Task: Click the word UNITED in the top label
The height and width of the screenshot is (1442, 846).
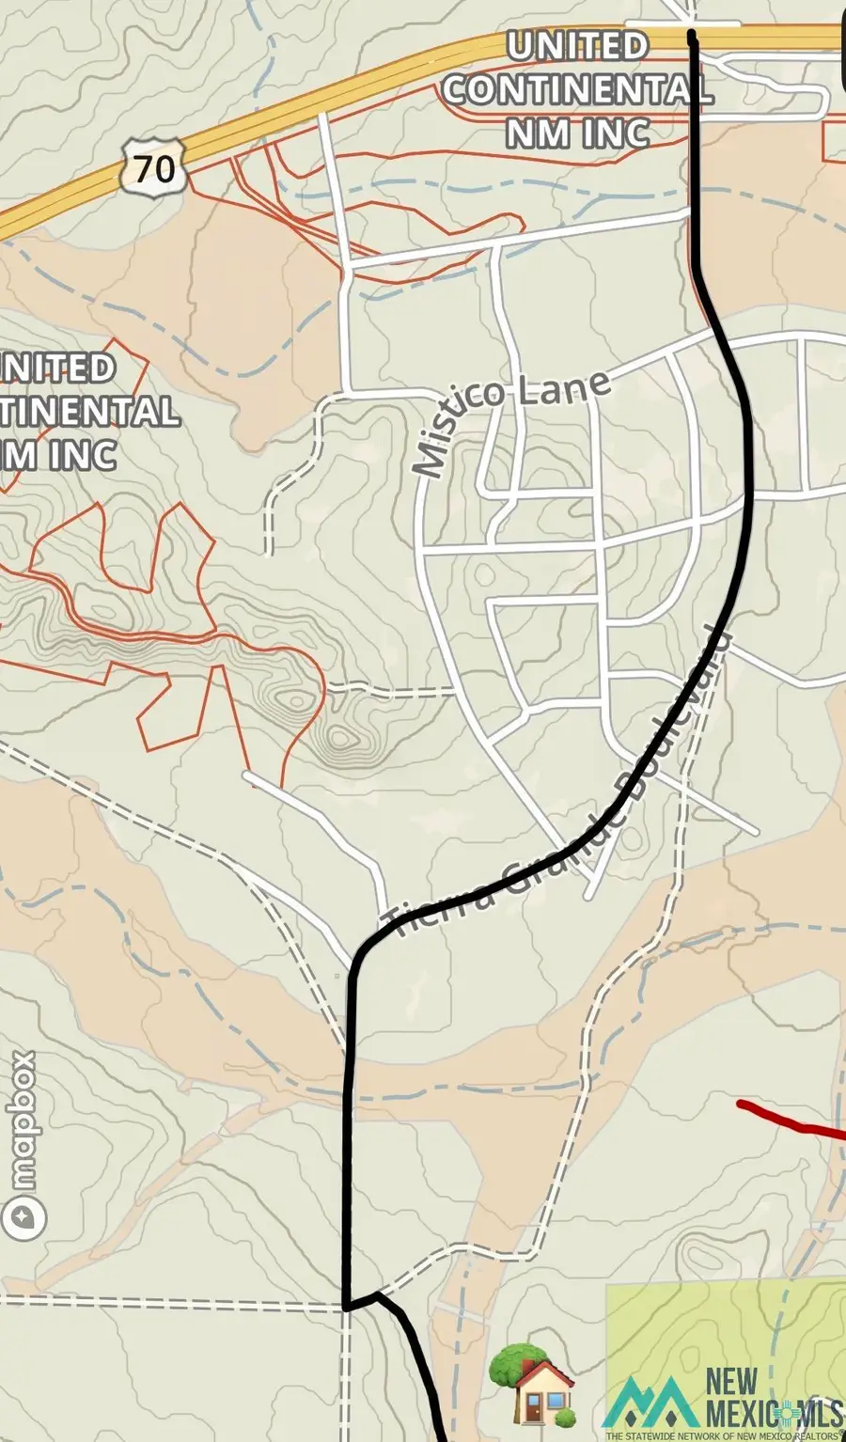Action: (577, 46)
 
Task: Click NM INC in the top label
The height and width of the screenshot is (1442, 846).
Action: (577, 133)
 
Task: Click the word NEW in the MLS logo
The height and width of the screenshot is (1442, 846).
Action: (731, 1382)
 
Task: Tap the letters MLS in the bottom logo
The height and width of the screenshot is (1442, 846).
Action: (816, 1413)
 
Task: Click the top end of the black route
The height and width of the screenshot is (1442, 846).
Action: (693, 36)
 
